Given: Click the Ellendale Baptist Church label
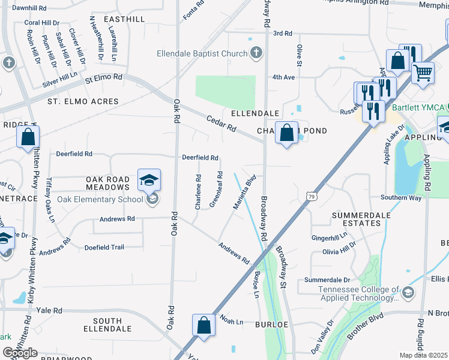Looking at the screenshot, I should pos(202,53).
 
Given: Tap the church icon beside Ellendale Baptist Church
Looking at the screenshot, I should pos(256,53).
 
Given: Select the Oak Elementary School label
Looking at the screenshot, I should pos(100,199).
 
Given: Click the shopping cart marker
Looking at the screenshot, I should pos(423,73).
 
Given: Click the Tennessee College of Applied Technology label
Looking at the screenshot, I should pos(351,293).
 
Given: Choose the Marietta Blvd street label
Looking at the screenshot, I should pos(245,192).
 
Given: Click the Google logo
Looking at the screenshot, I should pos(20,353).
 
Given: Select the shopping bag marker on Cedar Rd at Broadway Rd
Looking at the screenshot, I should pos(287,132).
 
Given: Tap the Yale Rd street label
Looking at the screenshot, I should pos(49,311).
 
